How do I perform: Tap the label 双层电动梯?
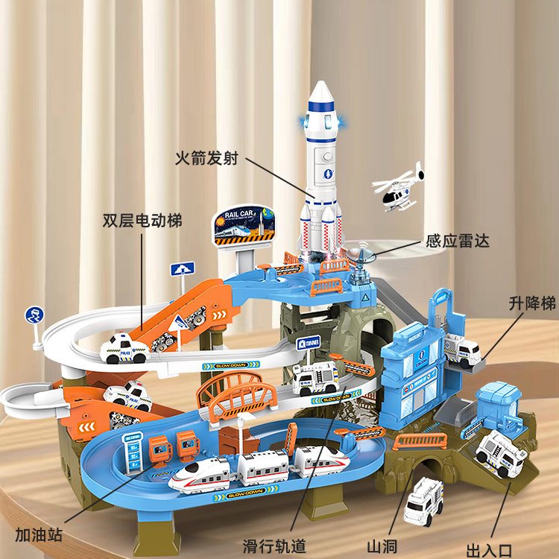coord(142,221)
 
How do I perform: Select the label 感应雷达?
coord(458,241)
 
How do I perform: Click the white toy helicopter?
coord(397,189)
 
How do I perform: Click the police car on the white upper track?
coord(123,347)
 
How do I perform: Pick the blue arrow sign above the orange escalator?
coord(182,268)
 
